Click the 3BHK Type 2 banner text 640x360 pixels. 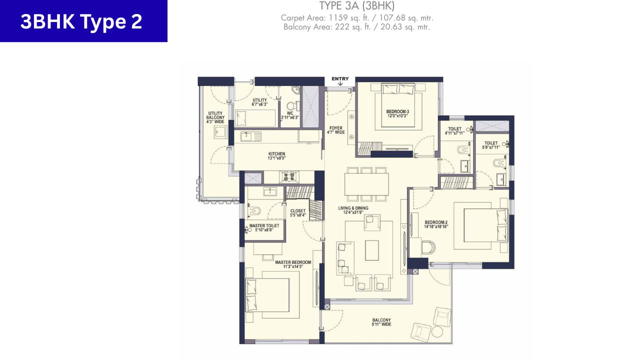click(x=81, y=21)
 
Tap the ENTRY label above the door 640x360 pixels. click(x=340, y=79)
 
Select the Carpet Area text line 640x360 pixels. click(x=357, y=18)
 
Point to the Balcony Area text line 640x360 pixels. click(x=357, y=27)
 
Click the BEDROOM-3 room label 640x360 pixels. click(x=397, y=113)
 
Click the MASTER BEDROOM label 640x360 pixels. click(x=293, y=264)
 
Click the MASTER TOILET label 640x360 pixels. click(x=264, y=228)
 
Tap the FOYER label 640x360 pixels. click(x=336, y=130)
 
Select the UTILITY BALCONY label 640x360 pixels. click(x=216, y=117)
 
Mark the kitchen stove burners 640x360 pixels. click(x=289, y=176)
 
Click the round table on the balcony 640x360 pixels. click(x=437, y=332)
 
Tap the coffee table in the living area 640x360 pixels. click(x=372, y=250)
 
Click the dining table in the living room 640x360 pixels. click(x=366, y=184)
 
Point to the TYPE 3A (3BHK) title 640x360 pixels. click(x=357, y=6)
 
